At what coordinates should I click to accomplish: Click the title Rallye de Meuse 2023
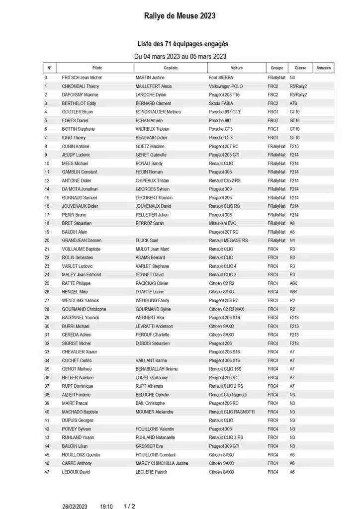tap(180, 16)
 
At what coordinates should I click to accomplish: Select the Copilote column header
tap(170, 68)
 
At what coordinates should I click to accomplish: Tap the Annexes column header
tap(324, 68)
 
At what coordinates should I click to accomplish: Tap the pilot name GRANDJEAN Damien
tap(82, 240)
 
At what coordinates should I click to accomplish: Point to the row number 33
tap(47, 352)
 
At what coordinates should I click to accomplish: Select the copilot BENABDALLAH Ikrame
tap(157, 369)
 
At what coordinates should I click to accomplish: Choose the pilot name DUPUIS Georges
tap(78, 421)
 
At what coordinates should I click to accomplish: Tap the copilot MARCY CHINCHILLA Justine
tap(162, 463)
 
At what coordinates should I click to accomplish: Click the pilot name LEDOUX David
tap(76, 472)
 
